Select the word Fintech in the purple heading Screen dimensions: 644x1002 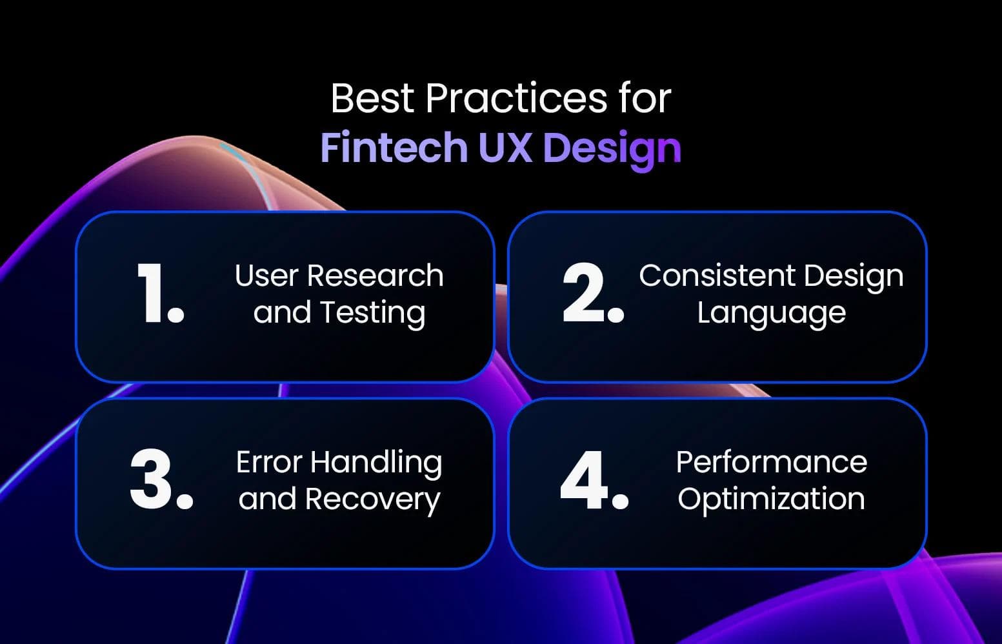pyautogui.click(x=394, y=148)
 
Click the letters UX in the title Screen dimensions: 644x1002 pyautogui.click(x=505, y=148)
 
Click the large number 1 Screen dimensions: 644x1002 pyautogui.click(x=159, y=294)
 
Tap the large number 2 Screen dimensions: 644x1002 pyautogui.click(x=592, y=294)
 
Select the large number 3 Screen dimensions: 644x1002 pyautogui.click(x=160, y=480)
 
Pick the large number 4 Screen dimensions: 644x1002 pyautogui.click(x=593, y=480)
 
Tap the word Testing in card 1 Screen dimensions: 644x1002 pyautogui.click(x=372, y=313)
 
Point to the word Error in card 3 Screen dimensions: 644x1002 pyautogui.click(x=268, y=463)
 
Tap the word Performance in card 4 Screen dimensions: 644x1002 pyautogui.click(x=771, y=463)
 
